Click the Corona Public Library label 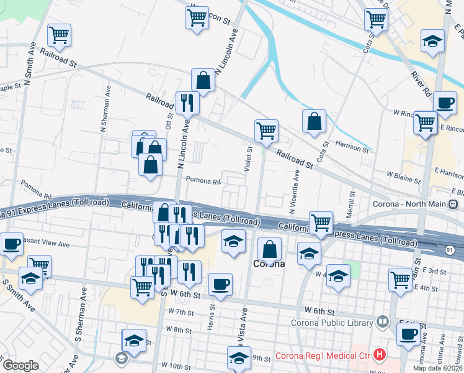[x=332, y=322]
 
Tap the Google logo [x=20, y=366]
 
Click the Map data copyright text [x=438, y=368]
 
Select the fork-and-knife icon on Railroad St [x=187, y=102]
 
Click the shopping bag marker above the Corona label [x=269, y=249]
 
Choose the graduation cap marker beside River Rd [x=433, y=42]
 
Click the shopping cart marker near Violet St [x=266, y=131]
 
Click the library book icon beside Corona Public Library [x=382, y=322]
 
